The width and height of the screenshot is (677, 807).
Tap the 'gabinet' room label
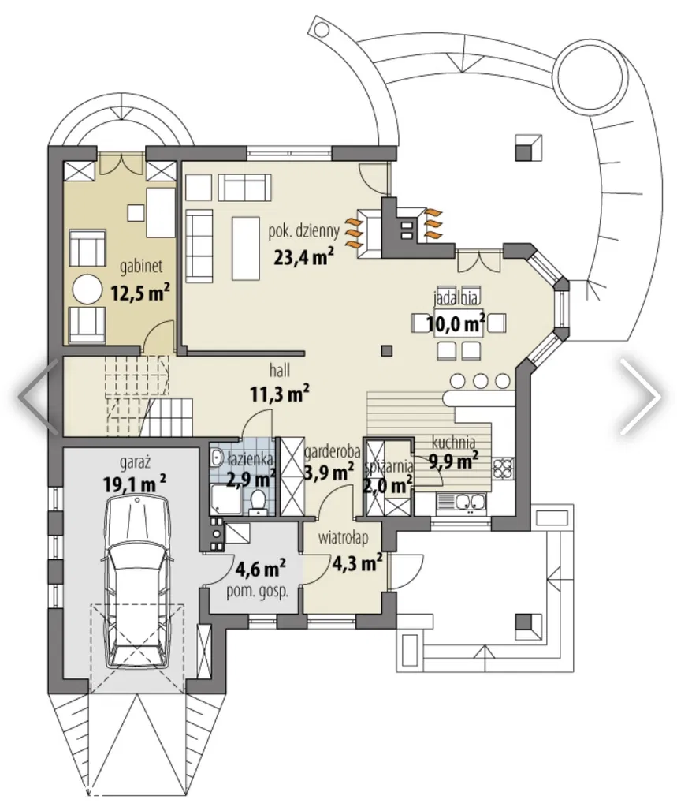(x=141, y=266)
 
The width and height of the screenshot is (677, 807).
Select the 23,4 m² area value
(x=304, y=256)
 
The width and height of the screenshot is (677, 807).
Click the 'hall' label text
(x=280, y=370)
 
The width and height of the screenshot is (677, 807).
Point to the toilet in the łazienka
(x=258, y=501)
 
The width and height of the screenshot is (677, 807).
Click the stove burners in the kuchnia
(x=503, y=467)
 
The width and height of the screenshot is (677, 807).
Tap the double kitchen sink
(x=460, y=502)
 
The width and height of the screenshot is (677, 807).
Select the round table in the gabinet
(x=87, y=290)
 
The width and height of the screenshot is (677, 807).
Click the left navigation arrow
(x=39, y=396)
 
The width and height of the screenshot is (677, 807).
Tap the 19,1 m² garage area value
(x=134, y=484)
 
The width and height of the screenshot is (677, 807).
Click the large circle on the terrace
(x=593, y=67)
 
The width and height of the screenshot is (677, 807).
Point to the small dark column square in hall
(x=386, y=350)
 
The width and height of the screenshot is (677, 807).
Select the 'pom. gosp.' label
(x=258, y=592)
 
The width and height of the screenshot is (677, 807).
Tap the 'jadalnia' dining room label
(x=456, y=298)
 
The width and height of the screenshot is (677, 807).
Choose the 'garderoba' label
(x=332, y=453)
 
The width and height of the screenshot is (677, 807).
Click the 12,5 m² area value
(x=139, y=293)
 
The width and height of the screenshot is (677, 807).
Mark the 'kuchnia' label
(x=453, y=443)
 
